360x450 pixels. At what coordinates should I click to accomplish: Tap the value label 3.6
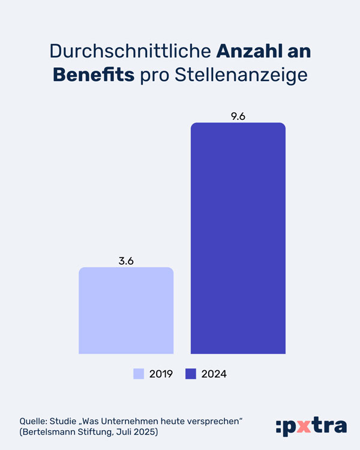(x=126, y=261)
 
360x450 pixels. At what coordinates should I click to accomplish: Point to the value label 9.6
(x=238, y=116)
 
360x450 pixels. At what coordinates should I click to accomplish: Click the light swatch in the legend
(x=139, y=374)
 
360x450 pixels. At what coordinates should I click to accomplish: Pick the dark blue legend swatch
(x=191, y=374)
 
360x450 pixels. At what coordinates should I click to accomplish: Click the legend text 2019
(x=161, y=374)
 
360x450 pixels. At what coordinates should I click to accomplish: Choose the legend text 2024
(x=214, y=374)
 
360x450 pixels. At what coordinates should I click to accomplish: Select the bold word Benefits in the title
(x=94, y=75)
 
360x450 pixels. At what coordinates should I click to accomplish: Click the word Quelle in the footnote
(x=34, y=420)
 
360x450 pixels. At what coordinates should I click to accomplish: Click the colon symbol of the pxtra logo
(x=279, y=427)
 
